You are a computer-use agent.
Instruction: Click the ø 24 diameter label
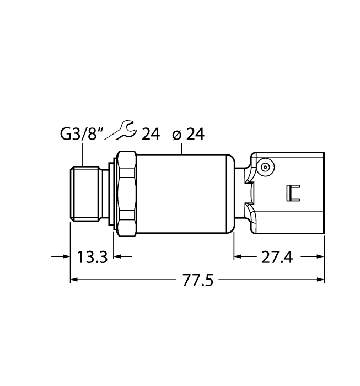(188, 134)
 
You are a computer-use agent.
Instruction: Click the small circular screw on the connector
(266, 167)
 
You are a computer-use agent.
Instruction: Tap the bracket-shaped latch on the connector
(292, 192)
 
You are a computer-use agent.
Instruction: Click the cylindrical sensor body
(182, 192)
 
